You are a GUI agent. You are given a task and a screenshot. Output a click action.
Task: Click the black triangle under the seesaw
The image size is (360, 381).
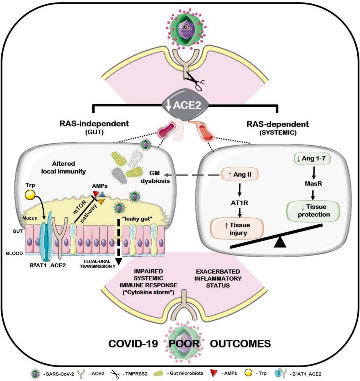[x=281, y=242]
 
